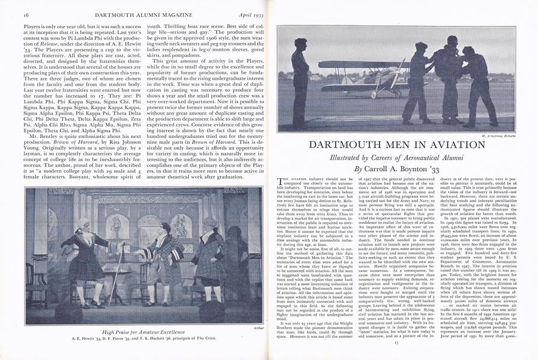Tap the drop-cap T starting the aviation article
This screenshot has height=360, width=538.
click(280, 181)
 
